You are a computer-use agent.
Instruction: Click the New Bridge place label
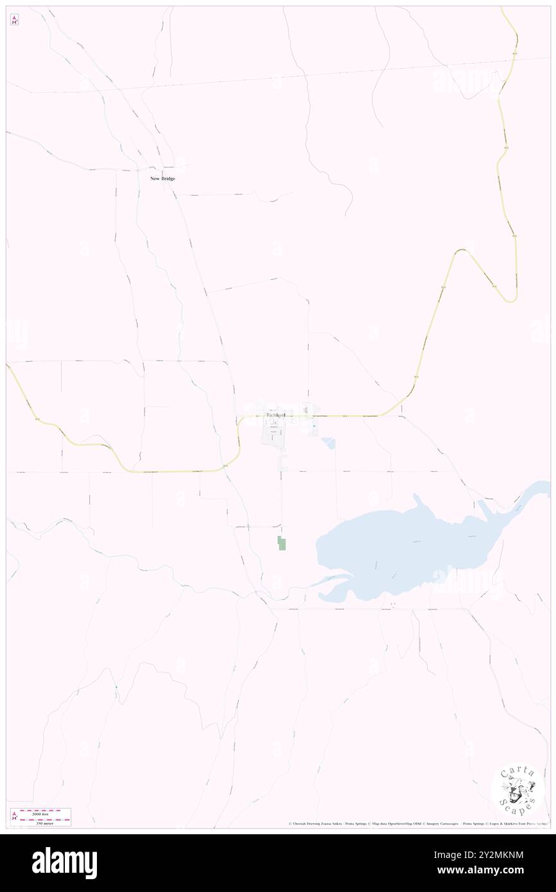(162, 178)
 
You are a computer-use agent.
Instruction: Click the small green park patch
(281, 543)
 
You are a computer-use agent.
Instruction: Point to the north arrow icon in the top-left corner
(14, 20)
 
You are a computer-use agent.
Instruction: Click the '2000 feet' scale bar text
(45, 812)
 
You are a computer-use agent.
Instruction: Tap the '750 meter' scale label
(45, 821)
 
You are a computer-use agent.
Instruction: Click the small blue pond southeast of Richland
(329, 443)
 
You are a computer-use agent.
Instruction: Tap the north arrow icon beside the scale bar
(14, 816)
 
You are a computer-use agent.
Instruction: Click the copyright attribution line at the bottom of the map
(417, 823)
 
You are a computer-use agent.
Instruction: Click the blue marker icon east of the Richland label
(314, 426)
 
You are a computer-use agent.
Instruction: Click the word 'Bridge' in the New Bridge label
(168, 178)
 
